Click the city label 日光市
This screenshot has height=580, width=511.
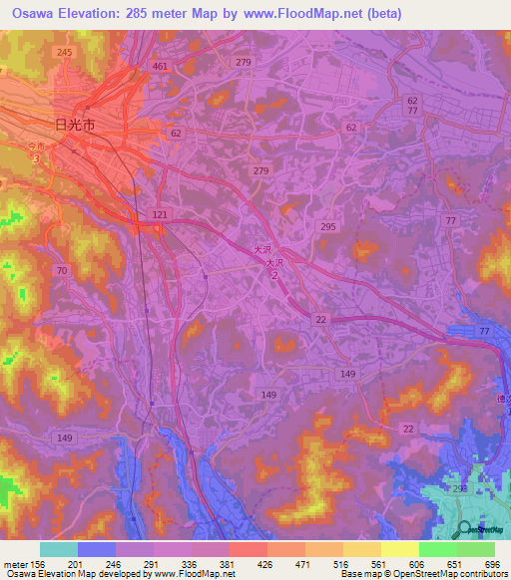click(75, 126)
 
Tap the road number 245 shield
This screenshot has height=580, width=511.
click(65, 51)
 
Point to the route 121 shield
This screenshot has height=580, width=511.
click(159, 215)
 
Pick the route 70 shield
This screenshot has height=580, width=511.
click(62, 270)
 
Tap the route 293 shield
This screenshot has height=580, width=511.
click(460, 488)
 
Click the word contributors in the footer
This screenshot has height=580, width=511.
click(482, 574)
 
